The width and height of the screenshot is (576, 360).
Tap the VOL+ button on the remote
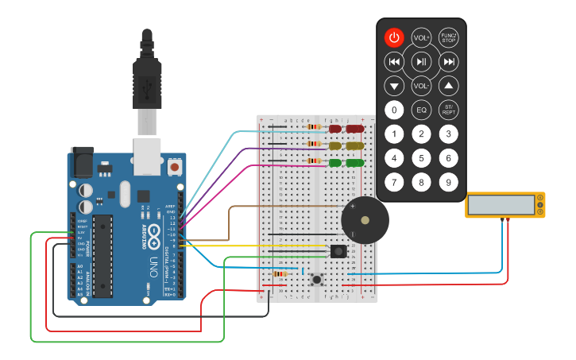(421, 37)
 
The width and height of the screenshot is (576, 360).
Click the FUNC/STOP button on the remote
(449, 37)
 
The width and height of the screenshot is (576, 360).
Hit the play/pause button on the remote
(421, 62)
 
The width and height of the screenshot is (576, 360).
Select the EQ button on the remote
(421, 110)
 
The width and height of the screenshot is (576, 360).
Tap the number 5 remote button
(421, 158)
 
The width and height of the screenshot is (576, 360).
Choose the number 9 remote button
(449, 183)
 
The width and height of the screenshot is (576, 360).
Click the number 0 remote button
(394, 110)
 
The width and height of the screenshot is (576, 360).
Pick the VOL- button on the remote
(421, 86)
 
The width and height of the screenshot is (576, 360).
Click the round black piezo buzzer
(364, 220)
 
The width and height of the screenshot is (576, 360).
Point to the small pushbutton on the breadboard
(319, 280)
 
